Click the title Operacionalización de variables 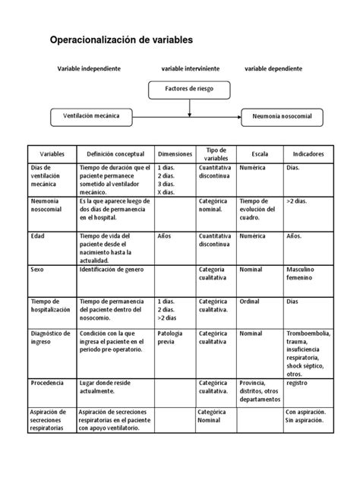(x=121, y=39)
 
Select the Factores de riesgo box (x=188, y=89)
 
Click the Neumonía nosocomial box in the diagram (x=282, y=117)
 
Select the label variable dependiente (x=273, y=68)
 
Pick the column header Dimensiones (x=174, y=153)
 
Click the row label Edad (x=37, y=236)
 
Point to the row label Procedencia (x=47, y=384)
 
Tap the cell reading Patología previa (x=171, y=337)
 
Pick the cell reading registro (x=297, y=384)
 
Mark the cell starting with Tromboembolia (x=307, y=354)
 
